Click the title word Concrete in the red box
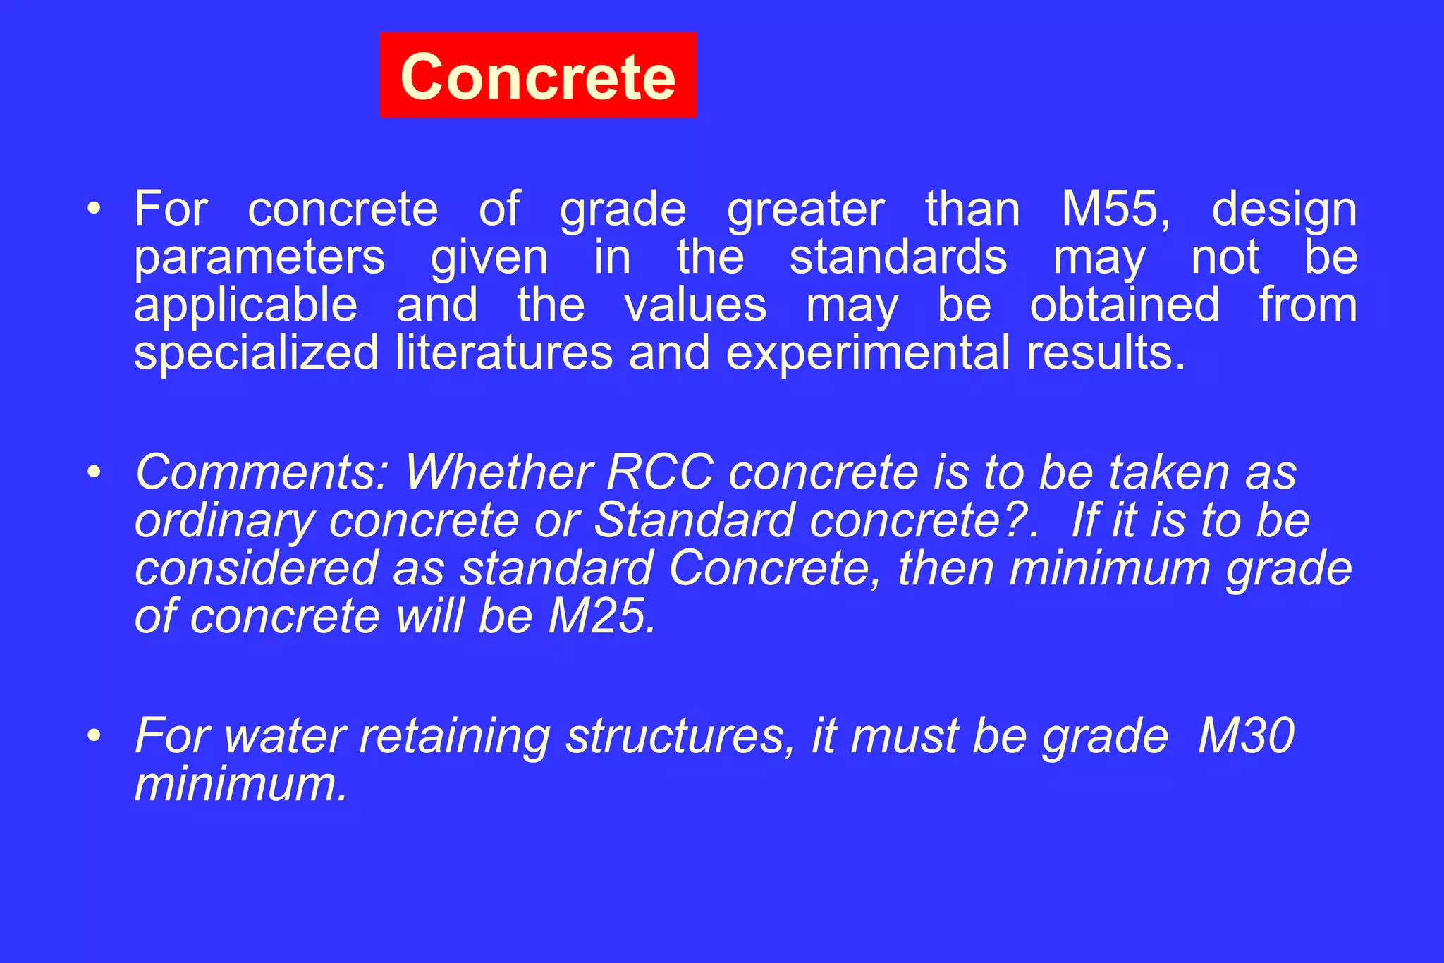(537, 76)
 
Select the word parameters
(259, 258)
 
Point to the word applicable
(246, 306)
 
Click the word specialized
(257, 353)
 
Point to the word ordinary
(224, 522)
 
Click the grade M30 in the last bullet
(1246, 735)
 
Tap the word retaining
(455, 737)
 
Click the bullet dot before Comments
(94, 472)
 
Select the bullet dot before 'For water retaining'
(94, 736)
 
